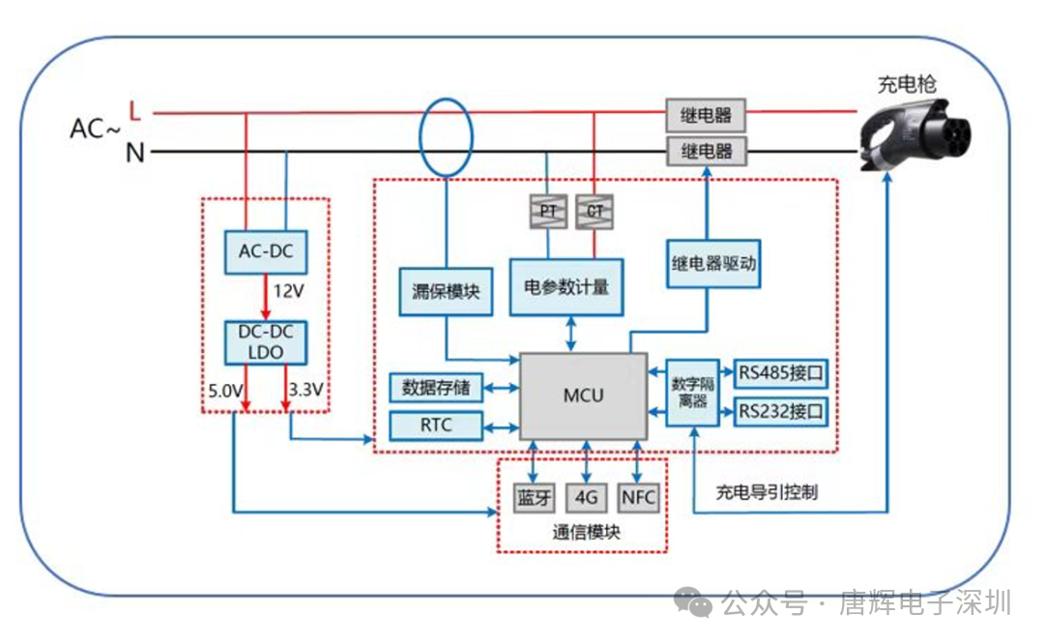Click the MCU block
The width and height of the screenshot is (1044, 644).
click(583, 396)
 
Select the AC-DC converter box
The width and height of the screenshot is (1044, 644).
click(266, 251)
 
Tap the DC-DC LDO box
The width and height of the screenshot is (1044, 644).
click(266, 342)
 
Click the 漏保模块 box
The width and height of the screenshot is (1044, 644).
click(446, 292)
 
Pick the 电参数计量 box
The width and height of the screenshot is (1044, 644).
click(566, 287)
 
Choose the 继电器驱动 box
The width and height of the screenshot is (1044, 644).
click(713, 264)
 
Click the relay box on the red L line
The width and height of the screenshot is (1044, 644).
click(706, 115)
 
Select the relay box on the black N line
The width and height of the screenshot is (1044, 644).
click(707, 151)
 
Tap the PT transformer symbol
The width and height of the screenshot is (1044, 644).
click(549, 211)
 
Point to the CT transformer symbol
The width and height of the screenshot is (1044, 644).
click(594, 211)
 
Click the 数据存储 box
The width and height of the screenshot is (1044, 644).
click(436, 388)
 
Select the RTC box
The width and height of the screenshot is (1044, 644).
click(436, 425)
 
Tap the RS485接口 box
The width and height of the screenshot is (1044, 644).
click(781, 373)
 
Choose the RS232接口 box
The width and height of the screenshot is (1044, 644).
click(781, 412)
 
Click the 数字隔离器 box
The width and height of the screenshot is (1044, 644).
click(693, 393)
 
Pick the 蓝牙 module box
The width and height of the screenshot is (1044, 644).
click(535, 497)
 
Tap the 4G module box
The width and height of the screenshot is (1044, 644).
click(586, 497)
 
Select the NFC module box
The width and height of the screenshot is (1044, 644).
click(639, 497)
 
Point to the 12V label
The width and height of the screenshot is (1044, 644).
click(288, 291)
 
